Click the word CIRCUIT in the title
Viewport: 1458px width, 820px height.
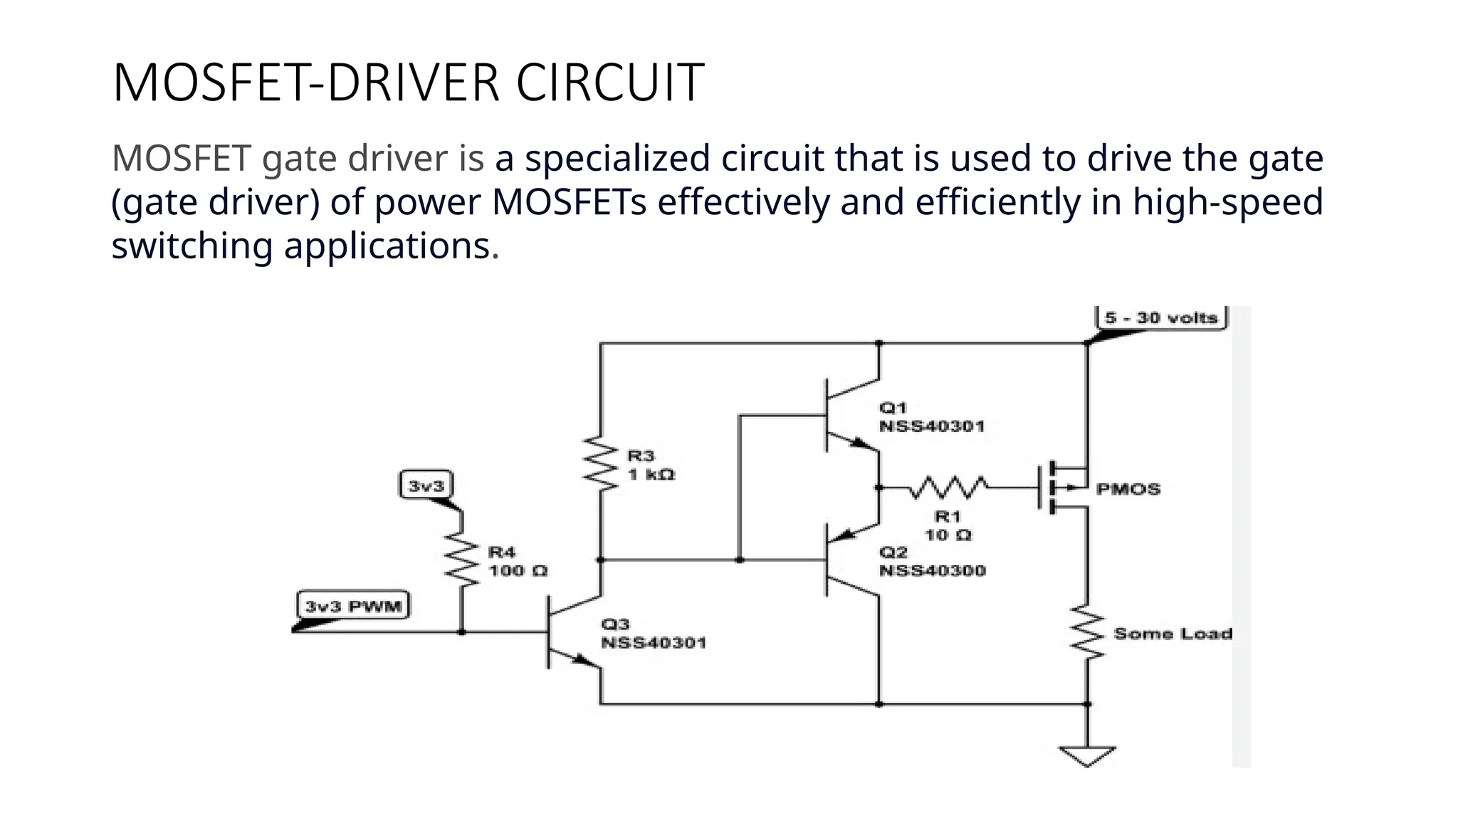tap(609, 83)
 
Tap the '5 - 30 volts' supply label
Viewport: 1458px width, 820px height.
tap(1161, 317)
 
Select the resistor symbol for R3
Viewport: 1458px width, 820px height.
tap(601, 464)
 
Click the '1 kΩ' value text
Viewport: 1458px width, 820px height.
tap(651, 475)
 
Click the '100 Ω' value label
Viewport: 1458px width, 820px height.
tap(518, 571)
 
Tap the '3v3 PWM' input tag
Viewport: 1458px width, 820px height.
tap(353, 606)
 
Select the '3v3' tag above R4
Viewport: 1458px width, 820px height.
tap(426, 486)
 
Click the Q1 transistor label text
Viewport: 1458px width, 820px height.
tap(893, 408)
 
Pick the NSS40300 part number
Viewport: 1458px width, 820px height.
tap(932, 571)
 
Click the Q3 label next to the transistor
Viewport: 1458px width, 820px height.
tap(615, 624)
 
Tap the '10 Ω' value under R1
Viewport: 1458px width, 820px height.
tap(948, 535)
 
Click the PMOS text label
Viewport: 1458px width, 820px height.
tap(1128, 489)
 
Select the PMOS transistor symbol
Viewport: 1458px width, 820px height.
tap(1061, 488)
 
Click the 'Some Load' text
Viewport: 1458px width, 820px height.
tap(1173, 634)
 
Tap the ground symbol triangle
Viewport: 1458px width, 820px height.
tap(1087, 755)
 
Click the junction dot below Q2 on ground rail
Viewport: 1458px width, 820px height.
tap(879, 704)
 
